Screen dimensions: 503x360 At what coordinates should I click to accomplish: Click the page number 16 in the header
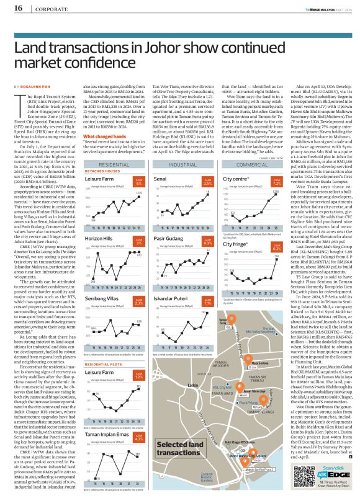(x=17, y=7)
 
